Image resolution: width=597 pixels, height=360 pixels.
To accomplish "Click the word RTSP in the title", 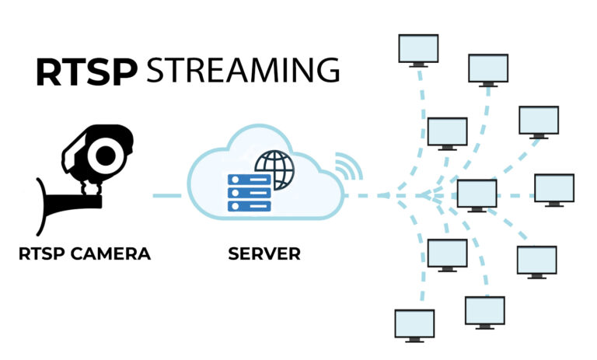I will click(x=86, y=71).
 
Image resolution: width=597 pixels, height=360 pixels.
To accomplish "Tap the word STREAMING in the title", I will click(x=243, y=71).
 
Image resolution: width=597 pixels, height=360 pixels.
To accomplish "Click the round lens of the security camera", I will click(x=103, y=156).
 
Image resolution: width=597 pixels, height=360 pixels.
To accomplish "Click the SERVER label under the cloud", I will click(x=264, y=253).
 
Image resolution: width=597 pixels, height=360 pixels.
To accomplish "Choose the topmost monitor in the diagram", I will click(x=417, y=49).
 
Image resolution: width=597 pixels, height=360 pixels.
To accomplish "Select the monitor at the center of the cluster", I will click(x=477, y=193).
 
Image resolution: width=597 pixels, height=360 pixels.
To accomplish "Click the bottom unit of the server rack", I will click(x=249, y=205).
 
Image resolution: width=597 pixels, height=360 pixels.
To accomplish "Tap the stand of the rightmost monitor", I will click(x=554, y=204).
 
